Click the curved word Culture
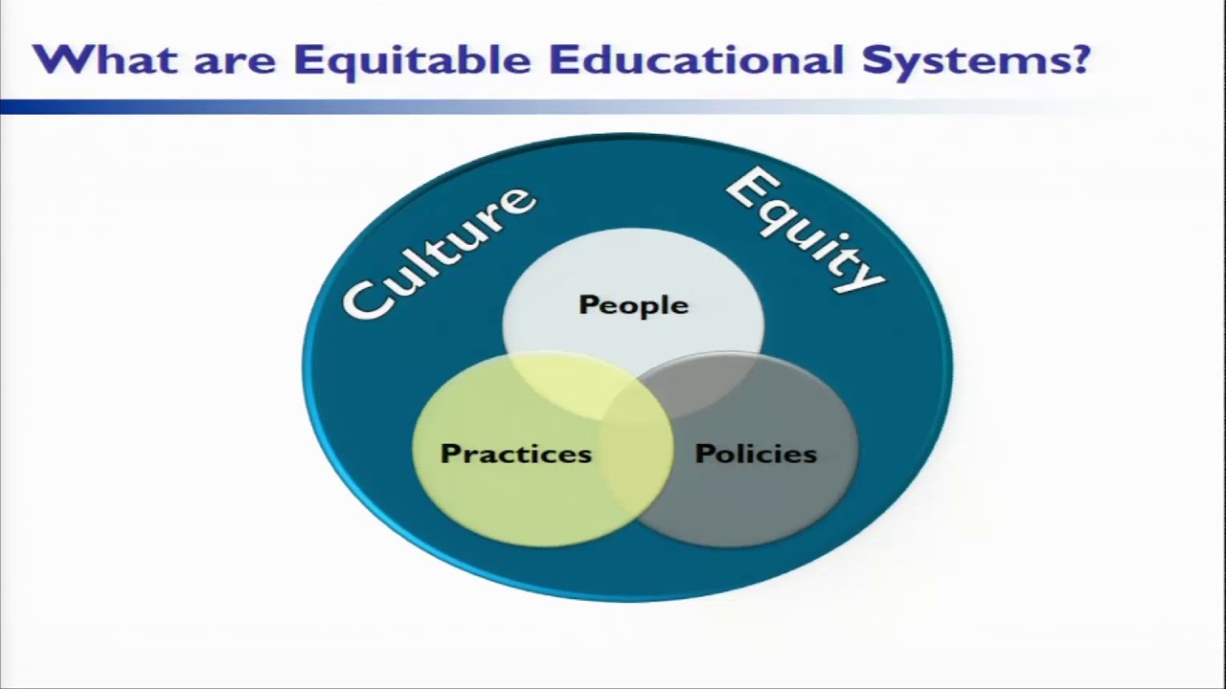437,253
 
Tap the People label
633,305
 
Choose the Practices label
515,453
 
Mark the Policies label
755,453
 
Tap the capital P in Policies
702,453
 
